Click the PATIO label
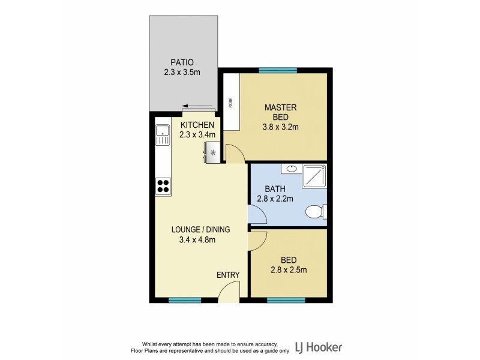[182, 62]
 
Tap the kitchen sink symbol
[162, 135]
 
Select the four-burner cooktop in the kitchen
[163, 186]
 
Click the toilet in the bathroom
[314, 212]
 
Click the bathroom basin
[292, 169]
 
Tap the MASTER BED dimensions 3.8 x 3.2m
[280, 127]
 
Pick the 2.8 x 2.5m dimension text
[289, 269]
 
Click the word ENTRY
[228, 275]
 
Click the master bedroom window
[278, 70]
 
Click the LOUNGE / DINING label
[200, 229]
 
